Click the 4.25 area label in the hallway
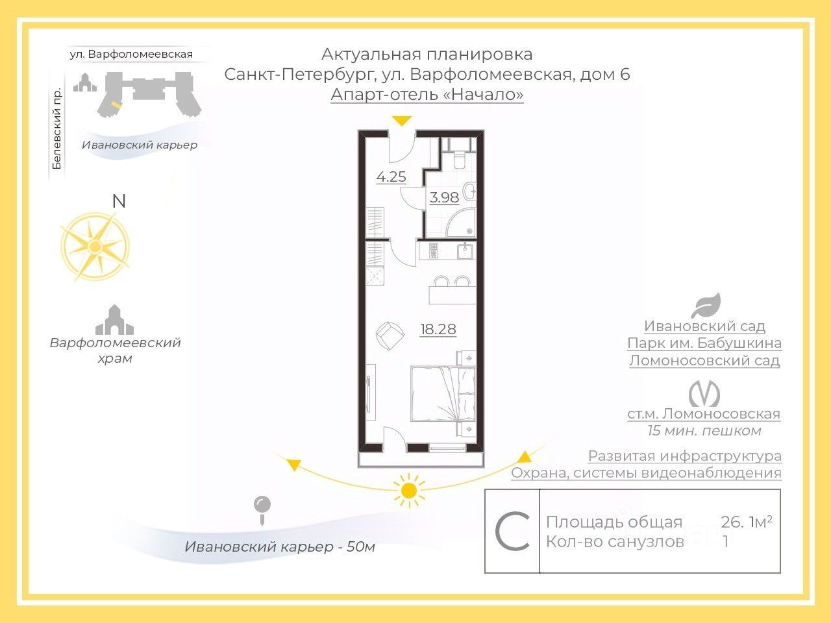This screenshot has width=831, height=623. [391, 177]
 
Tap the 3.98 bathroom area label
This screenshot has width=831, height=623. [444, 197]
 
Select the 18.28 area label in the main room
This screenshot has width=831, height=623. [438, 329]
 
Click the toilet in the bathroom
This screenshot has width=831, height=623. [460, 159]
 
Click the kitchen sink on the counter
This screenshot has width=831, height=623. [465, 251]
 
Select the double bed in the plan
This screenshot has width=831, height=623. [443, 393]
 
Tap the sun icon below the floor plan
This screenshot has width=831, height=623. [409, 491]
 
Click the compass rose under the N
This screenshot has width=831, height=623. [95, 246]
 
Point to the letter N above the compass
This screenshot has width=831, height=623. [119, 201]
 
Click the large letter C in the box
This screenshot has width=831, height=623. [512, 531]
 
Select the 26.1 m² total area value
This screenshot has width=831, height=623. [746, 522]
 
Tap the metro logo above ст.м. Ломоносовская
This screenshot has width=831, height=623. [704, 394]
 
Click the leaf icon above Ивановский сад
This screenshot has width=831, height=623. [706, 305]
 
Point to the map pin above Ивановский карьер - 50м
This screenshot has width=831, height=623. [262, 510]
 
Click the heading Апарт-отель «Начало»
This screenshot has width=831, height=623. [427, 95]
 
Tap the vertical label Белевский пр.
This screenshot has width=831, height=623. [56, 128]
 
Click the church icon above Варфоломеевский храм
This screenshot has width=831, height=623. [114, 320]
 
